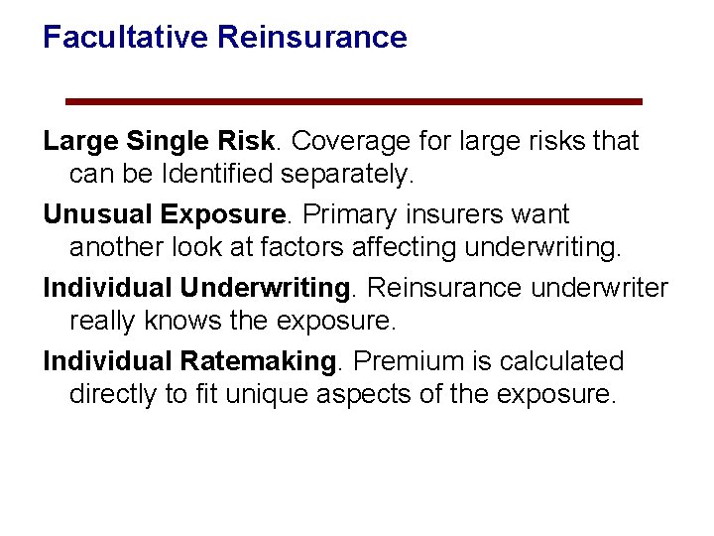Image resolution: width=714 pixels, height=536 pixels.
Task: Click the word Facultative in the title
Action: [x=126, y=38]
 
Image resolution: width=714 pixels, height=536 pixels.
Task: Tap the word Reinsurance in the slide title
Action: [x=312, y=38]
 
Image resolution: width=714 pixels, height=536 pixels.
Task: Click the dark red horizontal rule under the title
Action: [x=354, y=101]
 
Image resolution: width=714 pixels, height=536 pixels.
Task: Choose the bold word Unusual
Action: [x=98, y=214]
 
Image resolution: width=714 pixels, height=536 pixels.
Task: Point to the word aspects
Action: [x=363, y=395]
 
